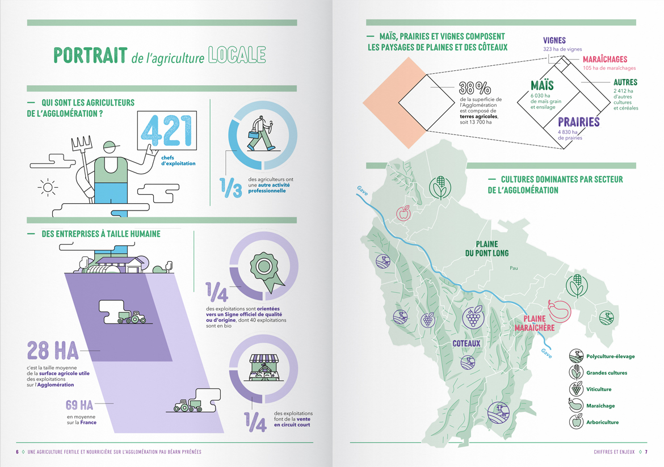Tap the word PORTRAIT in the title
click(90, 55)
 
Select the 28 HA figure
click(52, 351)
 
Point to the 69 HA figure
click(79, 405)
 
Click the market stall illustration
click(263, 369)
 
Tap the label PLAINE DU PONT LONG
click(487, 249)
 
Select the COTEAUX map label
click(467, 343)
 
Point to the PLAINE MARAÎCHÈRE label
click(534, 323)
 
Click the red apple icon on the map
click(404, 213)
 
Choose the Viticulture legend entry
click(598, 389)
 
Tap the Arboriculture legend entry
click(602, 422)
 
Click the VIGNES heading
click(554, 41)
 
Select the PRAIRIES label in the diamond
click(578, 122)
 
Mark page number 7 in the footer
click(646, 452)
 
